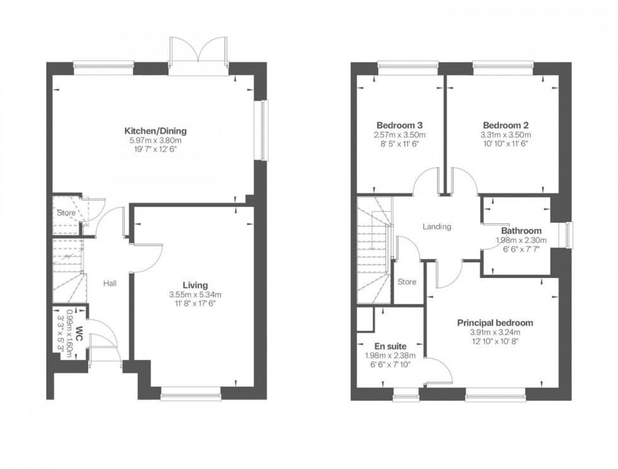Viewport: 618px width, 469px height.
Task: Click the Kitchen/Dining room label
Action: tap(155, 131)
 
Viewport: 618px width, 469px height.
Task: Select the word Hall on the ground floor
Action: tap(110, 284)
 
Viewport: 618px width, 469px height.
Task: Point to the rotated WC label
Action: tap(79, 333)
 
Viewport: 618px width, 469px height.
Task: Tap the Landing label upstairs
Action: tap(436, 227)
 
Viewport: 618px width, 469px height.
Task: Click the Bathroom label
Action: tap(521, 231)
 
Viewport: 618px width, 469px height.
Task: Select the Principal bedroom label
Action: tap(494, 323)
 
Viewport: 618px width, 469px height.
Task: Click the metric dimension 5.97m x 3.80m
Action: tap(155, 141)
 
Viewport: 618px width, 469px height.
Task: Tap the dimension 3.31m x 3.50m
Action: tap(506, 134)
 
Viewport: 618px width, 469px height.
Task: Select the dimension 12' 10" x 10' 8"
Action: tap(494, 342)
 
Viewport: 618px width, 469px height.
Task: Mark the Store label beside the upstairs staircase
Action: tap(407, 282)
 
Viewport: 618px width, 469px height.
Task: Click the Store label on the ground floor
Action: tap(66, 213)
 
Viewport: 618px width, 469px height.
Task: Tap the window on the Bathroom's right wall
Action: tap(569, 235)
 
